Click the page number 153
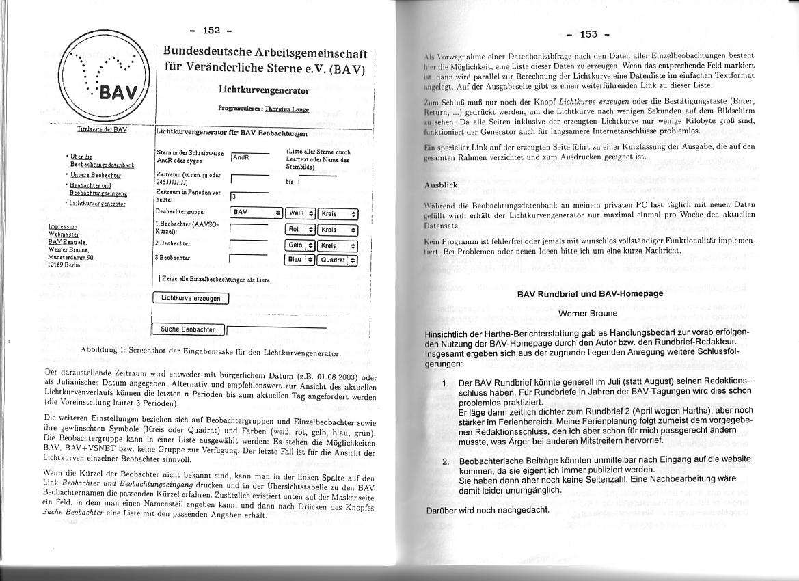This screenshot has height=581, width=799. (x=588, y=35)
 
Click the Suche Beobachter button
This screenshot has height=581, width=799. (x=188, y=329)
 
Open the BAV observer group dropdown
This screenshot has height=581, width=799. (x=256, y=213)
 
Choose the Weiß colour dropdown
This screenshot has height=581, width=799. (x=300, y=213)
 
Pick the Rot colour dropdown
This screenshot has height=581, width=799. (x=300, y=230)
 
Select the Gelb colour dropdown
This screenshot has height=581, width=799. (x=300, y=245)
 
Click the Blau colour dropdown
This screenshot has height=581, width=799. (x=300, y=260)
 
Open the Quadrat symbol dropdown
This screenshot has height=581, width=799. (x=338, y=260)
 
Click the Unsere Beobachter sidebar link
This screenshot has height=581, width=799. (x=96, y=176)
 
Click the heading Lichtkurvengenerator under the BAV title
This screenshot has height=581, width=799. (x=263, y=90)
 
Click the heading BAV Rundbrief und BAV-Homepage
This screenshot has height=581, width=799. (x=590, y=294)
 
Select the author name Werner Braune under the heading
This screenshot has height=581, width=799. (x=588, y=314)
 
